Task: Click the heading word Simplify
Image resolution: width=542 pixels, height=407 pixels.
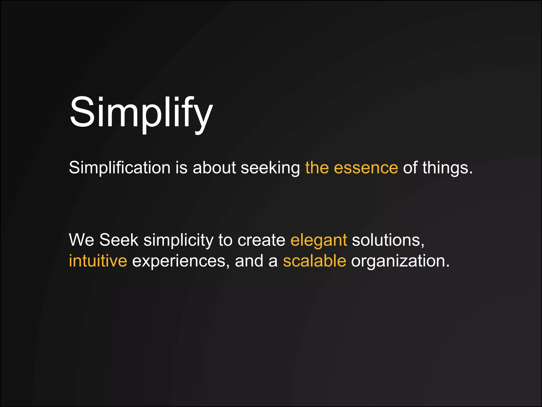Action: pyautogui.click(x=141, y=113)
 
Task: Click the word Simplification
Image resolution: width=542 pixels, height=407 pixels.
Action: pyautogui.click(x=120, y=168)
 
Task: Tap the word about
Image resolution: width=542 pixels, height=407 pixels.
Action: pyautogui.click(x=214, y=168)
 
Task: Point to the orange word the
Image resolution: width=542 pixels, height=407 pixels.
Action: pyautogui.click(x=317, y=168)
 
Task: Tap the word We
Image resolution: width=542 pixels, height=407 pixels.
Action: pyautogui.click(x=82, y=240)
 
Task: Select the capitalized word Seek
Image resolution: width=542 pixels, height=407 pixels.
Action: pyautogui.click(x=119, y=240)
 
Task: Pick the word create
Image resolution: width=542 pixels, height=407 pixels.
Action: pyautogui.click(x=261, y=240)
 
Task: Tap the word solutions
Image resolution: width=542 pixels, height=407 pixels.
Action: pyautogui.click(x=388, y=240)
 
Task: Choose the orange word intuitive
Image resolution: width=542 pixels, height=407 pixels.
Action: pyautogui.click(x=98, y=261)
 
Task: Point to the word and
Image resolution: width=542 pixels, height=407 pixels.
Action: pyautogui.click(x=249, y=261)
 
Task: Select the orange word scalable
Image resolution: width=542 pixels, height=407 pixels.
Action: pyautogui.click(x=314, y=261)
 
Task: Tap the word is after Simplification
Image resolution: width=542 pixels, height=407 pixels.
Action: pyautogui.click(x=182, y=168)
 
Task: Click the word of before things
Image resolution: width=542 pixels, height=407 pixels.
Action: pyautogui.click(x=410, y=168)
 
